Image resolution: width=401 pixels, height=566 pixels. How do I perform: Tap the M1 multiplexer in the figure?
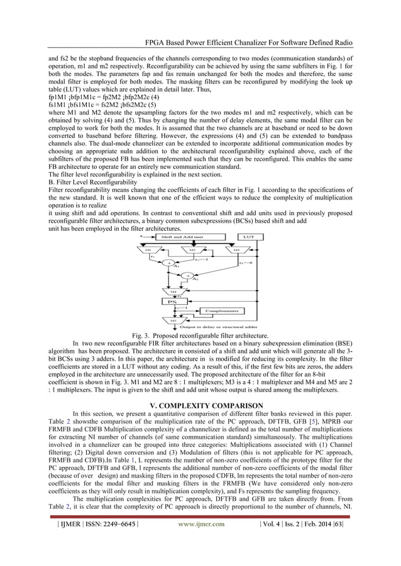pos(149,250)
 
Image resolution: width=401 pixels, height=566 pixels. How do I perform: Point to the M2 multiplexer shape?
pos(191,250)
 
